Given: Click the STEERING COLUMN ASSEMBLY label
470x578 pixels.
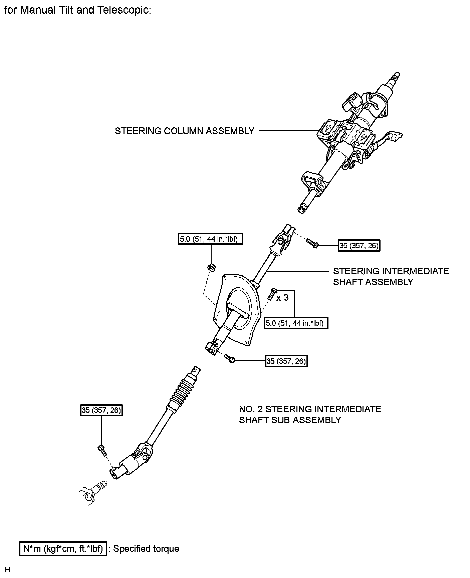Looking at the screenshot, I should tap(184, 131).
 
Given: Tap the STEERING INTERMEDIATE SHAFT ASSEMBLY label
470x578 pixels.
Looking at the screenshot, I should tap(391, 276).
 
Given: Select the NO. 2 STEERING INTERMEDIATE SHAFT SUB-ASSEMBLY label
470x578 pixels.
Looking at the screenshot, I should tap(310, 414).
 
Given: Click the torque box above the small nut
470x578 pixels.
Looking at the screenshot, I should tap(210, 239).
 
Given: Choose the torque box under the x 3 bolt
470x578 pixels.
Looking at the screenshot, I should tap(296, 323).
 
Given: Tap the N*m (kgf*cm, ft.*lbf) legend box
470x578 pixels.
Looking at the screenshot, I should tap(63, 549).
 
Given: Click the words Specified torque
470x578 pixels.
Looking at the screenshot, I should tap(146, 549).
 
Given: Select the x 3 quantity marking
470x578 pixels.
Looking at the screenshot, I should tap(282, 297).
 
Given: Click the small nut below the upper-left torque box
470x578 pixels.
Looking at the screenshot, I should tap(211, 267).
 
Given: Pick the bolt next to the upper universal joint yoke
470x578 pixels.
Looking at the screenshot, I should tap(312, 243).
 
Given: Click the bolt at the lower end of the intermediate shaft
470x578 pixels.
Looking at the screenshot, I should tap(230, 359).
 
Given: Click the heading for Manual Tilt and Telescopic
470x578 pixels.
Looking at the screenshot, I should tap(78, 10).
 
